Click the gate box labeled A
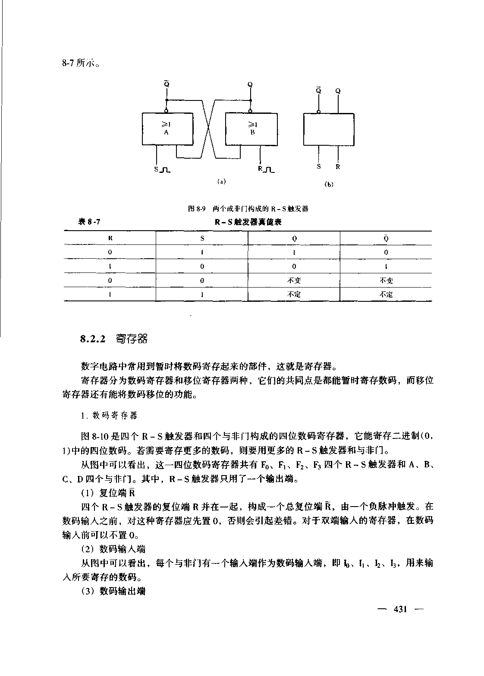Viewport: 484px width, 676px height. (167, 128)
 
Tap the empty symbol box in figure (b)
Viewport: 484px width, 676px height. (329, 129)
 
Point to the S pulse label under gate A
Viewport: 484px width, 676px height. (162, 169)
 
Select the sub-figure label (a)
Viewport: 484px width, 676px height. (220, 182)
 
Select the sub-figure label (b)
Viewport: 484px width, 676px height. (329, 185)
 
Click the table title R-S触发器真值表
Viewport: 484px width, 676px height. (248, 222)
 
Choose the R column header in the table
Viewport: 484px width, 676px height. (110, 238)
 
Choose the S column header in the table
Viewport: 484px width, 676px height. (202, 238)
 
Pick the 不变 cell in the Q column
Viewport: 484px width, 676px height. (294, 280)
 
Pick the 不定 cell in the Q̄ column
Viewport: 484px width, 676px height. (386, 294)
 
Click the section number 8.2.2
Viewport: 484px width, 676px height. (93, 339)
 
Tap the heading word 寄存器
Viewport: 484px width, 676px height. (132, 339)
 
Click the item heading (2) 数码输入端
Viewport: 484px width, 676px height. (113, 549)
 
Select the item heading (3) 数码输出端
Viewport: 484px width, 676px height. (113, 591)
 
